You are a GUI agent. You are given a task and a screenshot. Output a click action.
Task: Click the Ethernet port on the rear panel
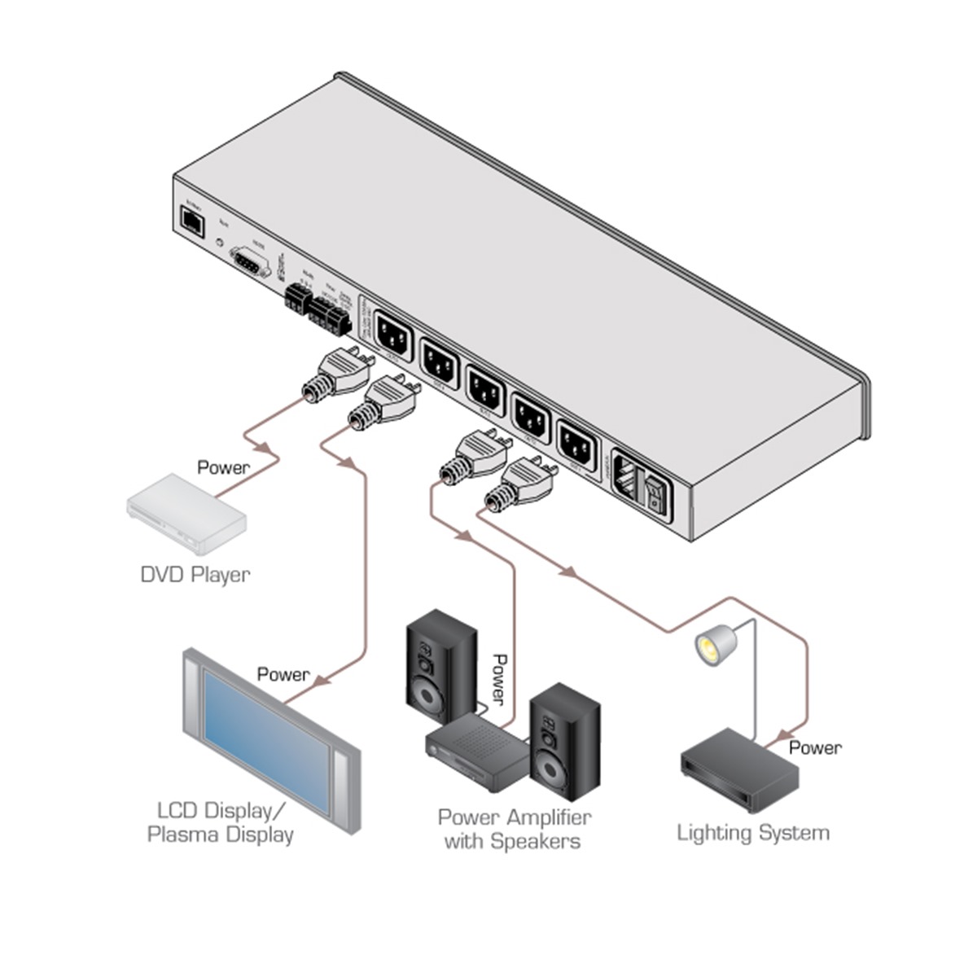click(x=192, y=221)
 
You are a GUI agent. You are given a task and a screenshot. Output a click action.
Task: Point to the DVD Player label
click(x=195, y=575)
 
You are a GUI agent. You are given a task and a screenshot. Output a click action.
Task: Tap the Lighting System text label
click(x=753, y=833)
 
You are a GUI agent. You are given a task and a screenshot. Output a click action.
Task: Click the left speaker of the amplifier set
click(x=441, y=666)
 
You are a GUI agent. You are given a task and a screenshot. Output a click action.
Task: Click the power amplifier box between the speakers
click(x=476, y=754)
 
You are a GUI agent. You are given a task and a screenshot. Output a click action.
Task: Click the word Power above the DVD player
click(x=224, y=467)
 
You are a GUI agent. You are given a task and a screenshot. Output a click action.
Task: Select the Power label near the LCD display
click(x=283, y=674)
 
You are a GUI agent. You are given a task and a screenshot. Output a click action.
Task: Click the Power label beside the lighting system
click(x=815, y=747)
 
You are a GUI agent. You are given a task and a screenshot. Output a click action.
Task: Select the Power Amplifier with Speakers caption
click(x=514, y=829)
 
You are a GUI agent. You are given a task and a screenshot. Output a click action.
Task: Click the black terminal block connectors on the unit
click(x=318, y=309)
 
